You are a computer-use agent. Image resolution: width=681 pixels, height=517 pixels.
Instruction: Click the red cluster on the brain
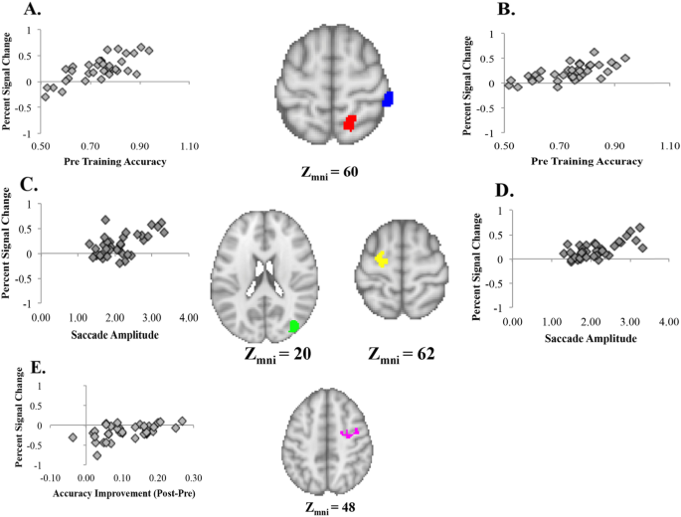tap(350, 122)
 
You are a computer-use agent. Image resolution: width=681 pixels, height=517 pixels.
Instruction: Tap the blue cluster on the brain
tap(389, 98)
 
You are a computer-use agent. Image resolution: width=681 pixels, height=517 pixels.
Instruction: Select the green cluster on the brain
tap(293, 325)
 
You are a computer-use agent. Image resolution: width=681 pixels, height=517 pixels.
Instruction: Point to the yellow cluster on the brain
tap(381, 259)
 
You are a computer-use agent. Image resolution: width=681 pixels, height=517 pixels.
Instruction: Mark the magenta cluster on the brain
tap(350, 432)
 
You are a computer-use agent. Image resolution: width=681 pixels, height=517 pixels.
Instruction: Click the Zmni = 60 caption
tap(328, 171)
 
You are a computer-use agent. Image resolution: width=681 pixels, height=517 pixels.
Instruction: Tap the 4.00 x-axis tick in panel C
tap(188, 317)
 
